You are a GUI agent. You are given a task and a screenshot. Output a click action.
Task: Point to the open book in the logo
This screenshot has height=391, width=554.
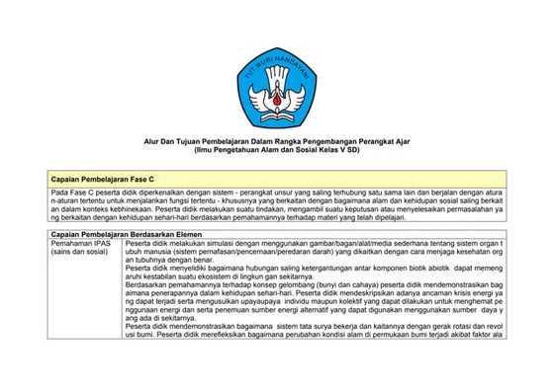(x=277, y=110)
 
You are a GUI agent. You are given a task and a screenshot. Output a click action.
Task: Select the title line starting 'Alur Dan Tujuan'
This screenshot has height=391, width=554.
(x=277, y=140)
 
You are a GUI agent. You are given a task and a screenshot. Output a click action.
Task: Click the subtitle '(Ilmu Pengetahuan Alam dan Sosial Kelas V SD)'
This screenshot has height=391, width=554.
(x=277, y=148)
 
